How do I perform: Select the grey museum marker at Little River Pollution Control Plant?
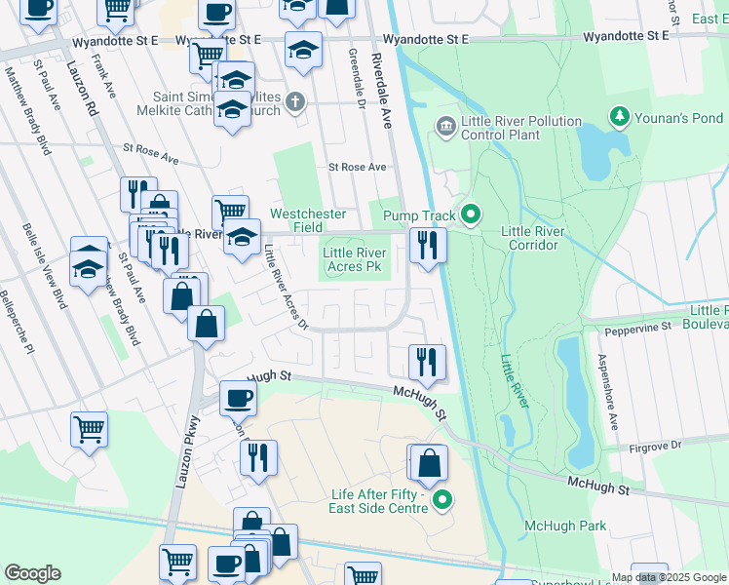(446, 126)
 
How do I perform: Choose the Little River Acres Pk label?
(355, 259)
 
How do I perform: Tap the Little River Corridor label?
(530, 238)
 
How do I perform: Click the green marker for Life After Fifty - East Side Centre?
(443, 501)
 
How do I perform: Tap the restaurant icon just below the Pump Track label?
(428, 245)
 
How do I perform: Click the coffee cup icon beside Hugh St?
(239, 398)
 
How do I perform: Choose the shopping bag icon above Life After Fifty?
(429, 463)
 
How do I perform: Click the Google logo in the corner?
(32, 573)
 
